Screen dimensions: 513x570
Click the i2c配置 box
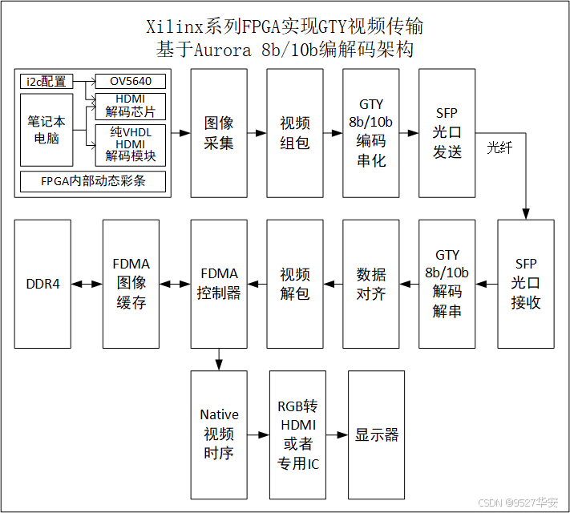click(46, 81)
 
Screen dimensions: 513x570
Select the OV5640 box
click(131, 81)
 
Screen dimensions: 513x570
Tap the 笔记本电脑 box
click(46, 130)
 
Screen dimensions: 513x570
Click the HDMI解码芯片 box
click(131, 105)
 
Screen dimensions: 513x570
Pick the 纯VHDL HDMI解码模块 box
click(131, 143)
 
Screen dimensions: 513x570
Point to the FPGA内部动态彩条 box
click(93, 181)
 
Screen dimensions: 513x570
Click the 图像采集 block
click(219, 133)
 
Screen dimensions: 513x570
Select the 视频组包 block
click(295, 133)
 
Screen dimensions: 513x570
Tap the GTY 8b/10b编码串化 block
click(370, 133)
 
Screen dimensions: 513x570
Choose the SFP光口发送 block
click(447, 133)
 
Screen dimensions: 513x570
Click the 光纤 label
click(499, 148)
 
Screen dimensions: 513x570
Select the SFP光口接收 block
click(526, 284)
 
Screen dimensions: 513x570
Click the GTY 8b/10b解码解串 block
click(447, 284)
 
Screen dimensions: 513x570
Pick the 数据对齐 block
click(370, 284)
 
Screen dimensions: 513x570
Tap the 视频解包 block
click(295, 284)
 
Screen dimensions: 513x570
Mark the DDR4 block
click(42, 284)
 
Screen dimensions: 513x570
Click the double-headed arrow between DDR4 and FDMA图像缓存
click(87, 284)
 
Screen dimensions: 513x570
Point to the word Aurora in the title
click(226, 49)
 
